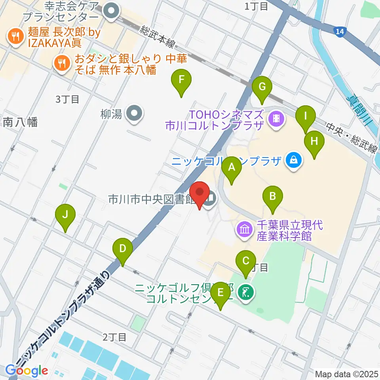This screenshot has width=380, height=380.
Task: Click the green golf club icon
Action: [246, 293]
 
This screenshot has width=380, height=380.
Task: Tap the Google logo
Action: [27, 371]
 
